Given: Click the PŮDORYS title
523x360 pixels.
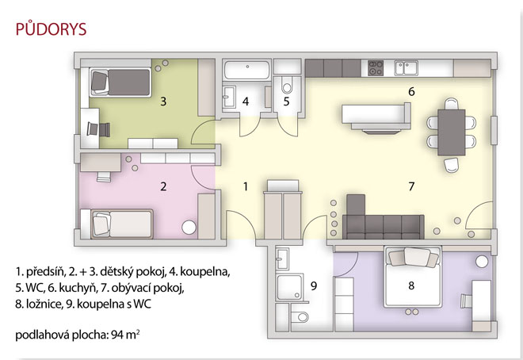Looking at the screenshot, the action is pyautogui.click(x=51, y=29).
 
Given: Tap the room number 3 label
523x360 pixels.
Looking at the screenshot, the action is pyautogui.click(x=163, y=101).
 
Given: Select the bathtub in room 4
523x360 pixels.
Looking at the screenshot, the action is pyautogui.click(x=246, y=70).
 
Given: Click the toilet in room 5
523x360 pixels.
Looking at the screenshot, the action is pyautogui.click(x=287, y=86).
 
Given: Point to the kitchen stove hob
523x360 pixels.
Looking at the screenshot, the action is pyautogui.click(x=376, y=67).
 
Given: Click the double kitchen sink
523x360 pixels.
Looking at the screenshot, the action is pyautogui.click(x=406, y=67).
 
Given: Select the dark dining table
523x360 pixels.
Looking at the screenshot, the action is pyautogui.click(x=452, y=132).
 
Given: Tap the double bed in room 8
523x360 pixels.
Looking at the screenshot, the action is pyautogui.click(x=413, y=277).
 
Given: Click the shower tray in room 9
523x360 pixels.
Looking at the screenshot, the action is pyautogui.click(x=290, y=287).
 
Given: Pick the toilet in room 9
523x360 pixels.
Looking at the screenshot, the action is pyautogui.click(x=300, y=316).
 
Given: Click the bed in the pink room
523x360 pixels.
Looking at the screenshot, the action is pyautogui.click(x=122, y=224).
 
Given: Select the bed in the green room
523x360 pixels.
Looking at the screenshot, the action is pyautogui.click(x=120, y=82).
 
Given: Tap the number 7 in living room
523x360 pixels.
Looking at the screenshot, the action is pyautogui.click(x=411, y=186).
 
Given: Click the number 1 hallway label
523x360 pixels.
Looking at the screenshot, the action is pyautogui.click(x=246, y=186).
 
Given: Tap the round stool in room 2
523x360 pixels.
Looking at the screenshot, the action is pyautogui.click(x=189, y=228).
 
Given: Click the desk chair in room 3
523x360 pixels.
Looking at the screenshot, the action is pyautogui.click(x=98, y=129).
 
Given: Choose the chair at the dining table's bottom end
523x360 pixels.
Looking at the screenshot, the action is pyautogui.click(x=451, y=165).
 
